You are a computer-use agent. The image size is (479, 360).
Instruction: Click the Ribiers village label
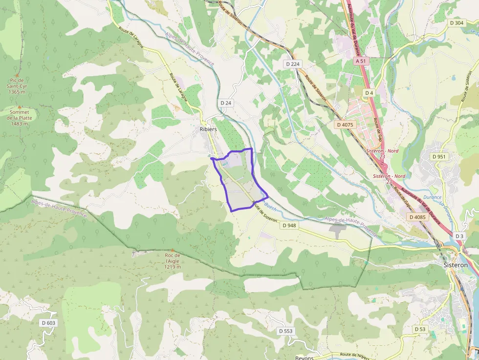point(208,129)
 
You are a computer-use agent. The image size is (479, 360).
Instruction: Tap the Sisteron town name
point(455,265)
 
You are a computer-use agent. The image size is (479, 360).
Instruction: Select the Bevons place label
point(305,358)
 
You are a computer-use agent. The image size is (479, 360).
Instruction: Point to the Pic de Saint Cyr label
point(17,86)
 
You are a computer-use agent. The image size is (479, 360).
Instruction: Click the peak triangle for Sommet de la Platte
point(20,106)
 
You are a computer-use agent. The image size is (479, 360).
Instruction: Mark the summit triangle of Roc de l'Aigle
point(172,250)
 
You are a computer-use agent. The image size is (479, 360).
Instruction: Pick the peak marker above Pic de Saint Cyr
point(17,75)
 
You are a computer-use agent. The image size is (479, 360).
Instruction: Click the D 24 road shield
point(225,103)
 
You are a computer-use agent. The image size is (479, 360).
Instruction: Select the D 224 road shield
point(292,64)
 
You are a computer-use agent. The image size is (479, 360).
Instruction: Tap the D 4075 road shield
point(345,125)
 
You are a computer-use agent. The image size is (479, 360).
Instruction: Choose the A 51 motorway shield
point(361,61)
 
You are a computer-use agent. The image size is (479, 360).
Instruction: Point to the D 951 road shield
point(439,156)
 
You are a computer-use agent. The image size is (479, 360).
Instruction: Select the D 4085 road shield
point(417,217)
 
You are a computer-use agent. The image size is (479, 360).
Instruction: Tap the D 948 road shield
point(289,225)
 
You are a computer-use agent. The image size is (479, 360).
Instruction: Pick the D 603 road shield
point(49,323)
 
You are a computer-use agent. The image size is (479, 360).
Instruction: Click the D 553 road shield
point(286,331)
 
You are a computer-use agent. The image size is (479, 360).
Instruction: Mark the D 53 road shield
point(420,329)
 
